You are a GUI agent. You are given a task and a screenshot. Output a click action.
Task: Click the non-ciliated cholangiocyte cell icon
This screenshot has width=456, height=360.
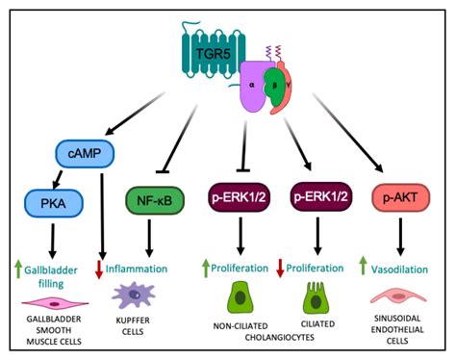tap(241, 296)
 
